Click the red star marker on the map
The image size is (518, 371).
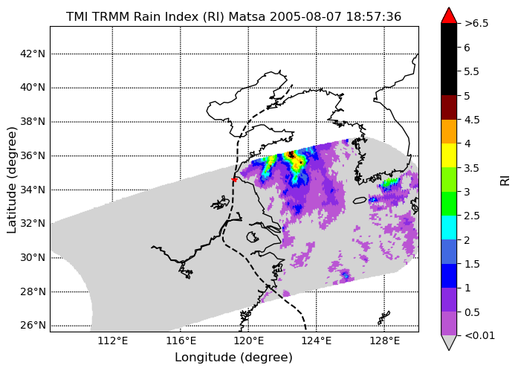pos(234,180)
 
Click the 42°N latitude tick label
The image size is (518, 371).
pos(33,54)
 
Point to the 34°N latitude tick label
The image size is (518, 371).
pos(33,190)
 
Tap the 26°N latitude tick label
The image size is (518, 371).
pos(33,326)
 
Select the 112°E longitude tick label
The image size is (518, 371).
pos(112,341)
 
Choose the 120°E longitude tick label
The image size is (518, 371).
pos(248,341)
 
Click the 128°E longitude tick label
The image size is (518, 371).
pos(384,341)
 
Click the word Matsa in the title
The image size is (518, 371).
pos(247,16)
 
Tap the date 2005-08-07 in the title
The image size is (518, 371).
pos(305,16)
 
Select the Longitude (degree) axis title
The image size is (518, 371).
pos(233,358)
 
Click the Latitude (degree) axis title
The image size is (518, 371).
pos(11,180)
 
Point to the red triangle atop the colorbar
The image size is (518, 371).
pos(449,16)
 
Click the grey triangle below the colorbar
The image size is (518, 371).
pos(449,342)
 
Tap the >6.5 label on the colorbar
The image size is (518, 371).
pos(476,24)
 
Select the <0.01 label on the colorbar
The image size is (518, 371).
pos(479,335)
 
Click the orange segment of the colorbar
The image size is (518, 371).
pos(449,132)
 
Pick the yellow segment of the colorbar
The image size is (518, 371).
pos(449,155)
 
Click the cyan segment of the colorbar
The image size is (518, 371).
pos(449,228)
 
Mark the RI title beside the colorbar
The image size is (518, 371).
pos(505,180)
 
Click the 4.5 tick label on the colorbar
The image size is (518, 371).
pos(472,120)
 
